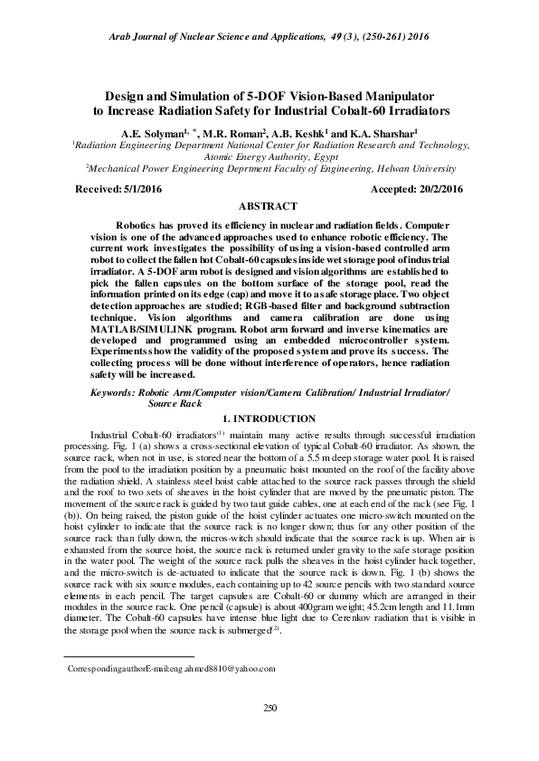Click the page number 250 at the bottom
[x=269, y=708]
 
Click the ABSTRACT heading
[x=269, y=207]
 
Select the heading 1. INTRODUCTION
[x=269, y=420]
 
